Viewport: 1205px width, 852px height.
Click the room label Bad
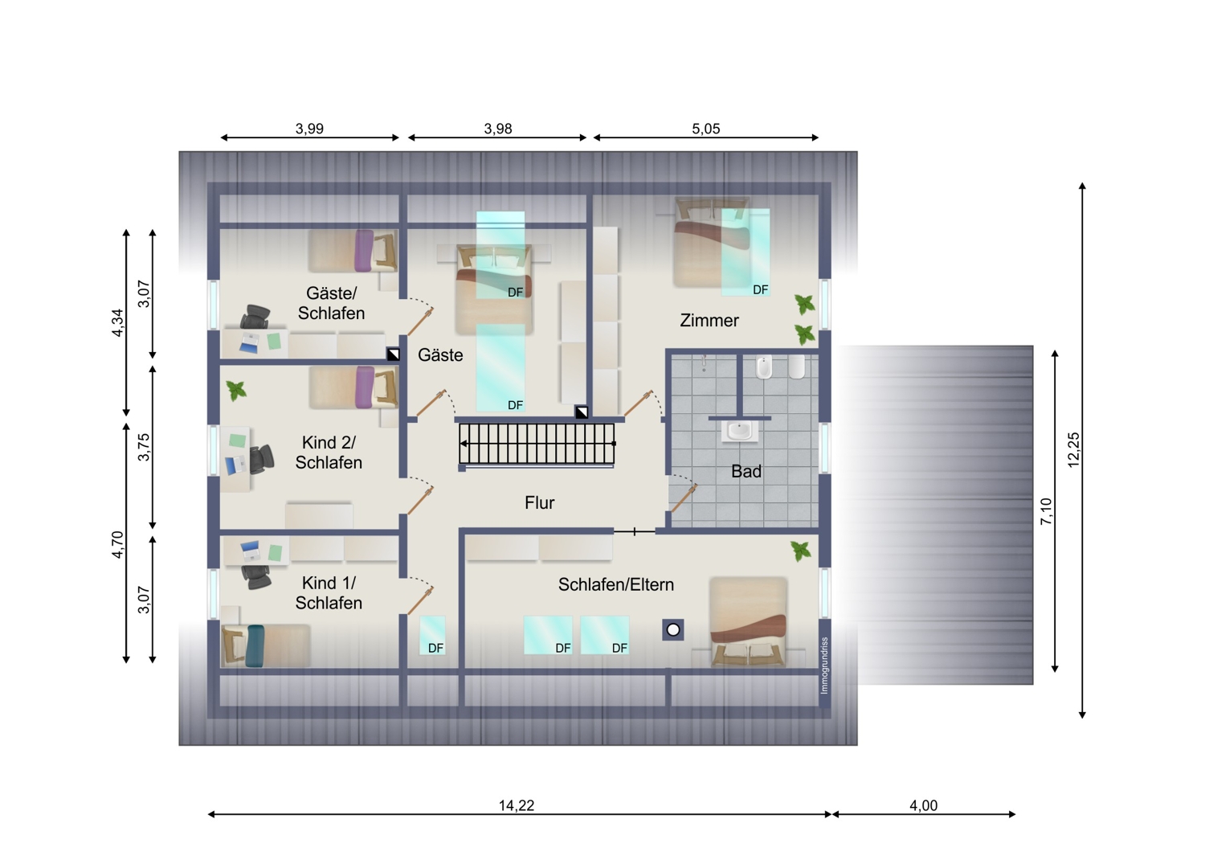746,472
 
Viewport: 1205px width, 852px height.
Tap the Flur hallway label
540,502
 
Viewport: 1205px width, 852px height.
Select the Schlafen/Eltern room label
616,584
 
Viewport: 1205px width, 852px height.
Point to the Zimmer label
709,320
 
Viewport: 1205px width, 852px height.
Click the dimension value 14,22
517,805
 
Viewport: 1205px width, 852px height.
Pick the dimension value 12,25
1073,450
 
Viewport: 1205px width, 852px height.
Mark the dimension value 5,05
706,129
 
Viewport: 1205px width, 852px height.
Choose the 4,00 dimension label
924,805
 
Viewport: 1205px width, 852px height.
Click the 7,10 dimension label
1046,511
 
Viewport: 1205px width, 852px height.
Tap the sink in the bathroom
740,431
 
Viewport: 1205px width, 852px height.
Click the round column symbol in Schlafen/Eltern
673,629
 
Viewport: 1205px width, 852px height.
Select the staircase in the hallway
537,444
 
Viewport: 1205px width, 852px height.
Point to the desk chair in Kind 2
262,460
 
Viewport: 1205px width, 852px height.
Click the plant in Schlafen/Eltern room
800,551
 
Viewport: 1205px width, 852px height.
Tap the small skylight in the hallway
432,635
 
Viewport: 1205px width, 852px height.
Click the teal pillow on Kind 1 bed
255,646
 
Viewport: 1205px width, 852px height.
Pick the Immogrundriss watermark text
825,666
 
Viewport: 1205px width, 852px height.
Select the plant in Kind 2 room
236,390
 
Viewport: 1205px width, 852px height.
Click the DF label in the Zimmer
760,290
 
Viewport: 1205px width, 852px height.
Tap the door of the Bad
684,498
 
